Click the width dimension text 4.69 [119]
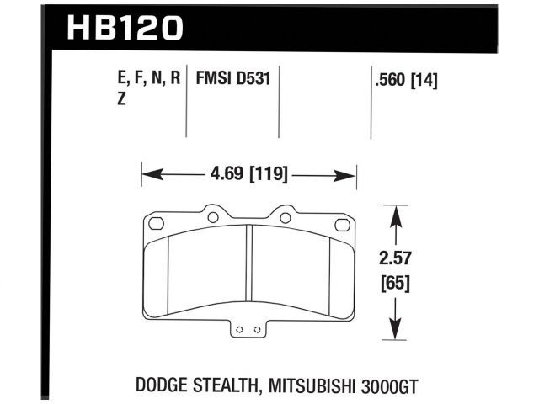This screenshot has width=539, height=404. (248, 175)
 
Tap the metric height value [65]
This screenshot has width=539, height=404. (395, 283)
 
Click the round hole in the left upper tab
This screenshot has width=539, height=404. (212, 217)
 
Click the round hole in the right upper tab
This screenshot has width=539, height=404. (286, 217)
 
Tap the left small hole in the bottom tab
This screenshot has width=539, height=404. (240, 329)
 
